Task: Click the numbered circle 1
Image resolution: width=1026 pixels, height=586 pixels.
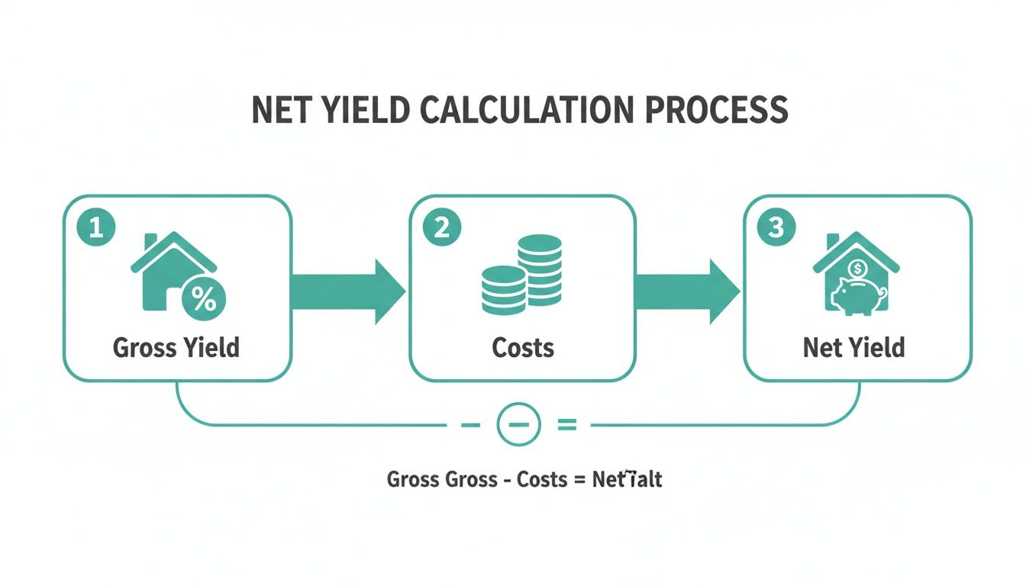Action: (96, 229)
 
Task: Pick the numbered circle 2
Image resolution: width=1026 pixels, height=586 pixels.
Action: (441, 229)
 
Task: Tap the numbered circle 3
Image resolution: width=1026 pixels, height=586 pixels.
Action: (776, 229)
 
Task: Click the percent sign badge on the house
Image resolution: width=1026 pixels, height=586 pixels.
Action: (202, 298)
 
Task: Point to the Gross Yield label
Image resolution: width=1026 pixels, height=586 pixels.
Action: (176, 348)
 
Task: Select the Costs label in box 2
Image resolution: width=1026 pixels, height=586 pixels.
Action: (523, 348)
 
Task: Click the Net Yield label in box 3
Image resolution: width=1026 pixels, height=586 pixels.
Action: (853, 348)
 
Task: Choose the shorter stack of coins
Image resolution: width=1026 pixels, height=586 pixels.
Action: (504, 289)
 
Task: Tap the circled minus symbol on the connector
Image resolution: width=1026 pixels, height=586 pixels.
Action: (518, 424)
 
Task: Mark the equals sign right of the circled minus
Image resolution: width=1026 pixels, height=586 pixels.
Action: (566, 425)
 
